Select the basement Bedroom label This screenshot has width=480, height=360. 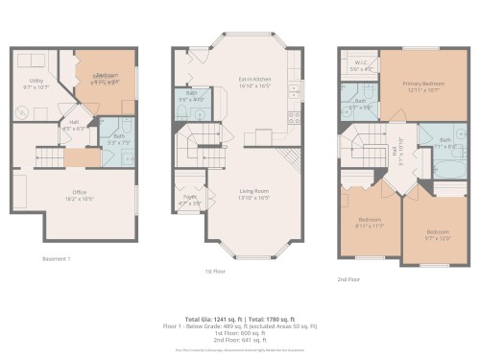[x=106, y=77]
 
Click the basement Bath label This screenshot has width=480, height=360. [x=119, y=140]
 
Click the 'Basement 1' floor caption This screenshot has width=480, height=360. [x=57, y=259]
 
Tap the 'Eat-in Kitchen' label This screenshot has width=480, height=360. [x=254, y=82]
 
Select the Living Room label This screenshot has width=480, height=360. [x=254, y=196]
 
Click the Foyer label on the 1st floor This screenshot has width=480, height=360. [x=190, y=201]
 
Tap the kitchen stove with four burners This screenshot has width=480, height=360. [x=294, y=119]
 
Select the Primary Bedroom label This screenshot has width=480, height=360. [x=422, y=86]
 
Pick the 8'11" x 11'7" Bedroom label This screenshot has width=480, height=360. [x=369, y=226]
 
